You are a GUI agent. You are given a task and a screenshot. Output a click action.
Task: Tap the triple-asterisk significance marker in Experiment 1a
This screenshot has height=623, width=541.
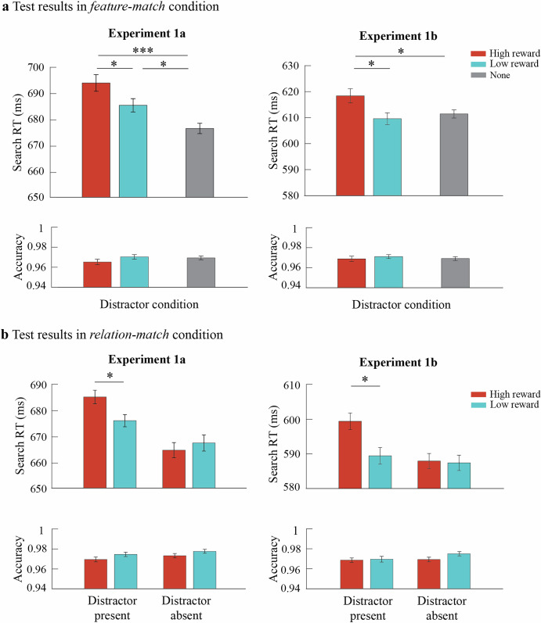point(142,48)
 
